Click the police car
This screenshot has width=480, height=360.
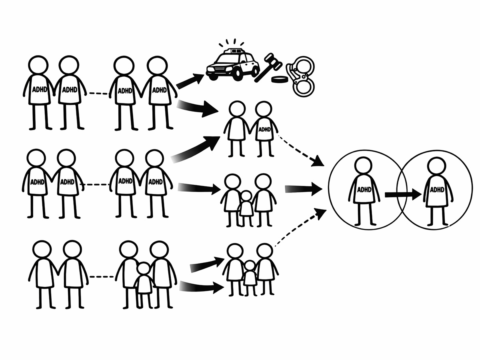click(232, 64)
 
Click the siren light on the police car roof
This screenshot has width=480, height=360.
click(234, 50)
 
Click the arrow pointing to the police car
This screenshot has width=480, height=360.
click(190, 81)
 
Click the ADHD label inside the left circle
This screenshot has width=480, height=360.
click(364, 190)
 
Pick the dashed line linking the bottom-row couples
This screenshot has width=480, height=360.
click(102, 276)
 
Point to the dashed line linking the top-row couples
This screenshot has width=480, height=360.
click(98, 94)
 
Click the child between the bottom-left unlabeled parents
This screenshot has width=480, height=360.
click(144, 284)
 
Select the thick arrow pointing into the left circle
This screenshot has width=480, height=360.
click(303, 188)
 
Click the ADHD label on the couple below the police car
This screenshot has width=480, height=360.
click(264, 129)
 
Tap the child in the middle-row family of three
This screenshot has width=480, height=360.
click(246, 208)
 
